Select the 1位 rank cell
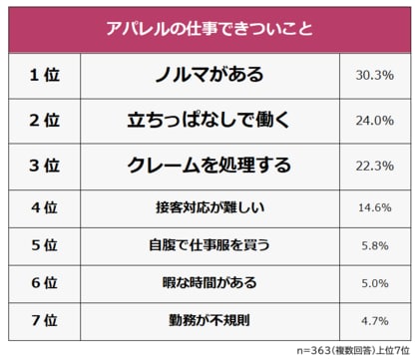coord(44,76)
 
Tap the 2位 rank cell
coord(44,121)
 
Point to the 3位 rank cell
coord(44,165)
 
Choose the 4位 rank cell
coord(44,208)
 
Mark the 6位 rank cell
coord(44,282)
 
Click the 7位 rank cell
coord(44,320)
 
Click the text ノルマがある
coord(209,76)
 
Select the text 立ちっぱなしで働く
coord(209,121)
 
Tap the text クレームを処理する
coord(209,165)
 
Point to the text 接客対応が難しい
coord(209,208)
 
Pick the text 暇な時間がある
coord(209,282)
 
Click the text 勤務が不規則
coord(209,320)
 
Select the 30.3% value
coord(374,76)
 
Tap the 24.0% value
coord(374,121)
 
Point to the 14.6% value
coord(374,208)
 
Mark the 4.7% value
coord(374,320)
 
